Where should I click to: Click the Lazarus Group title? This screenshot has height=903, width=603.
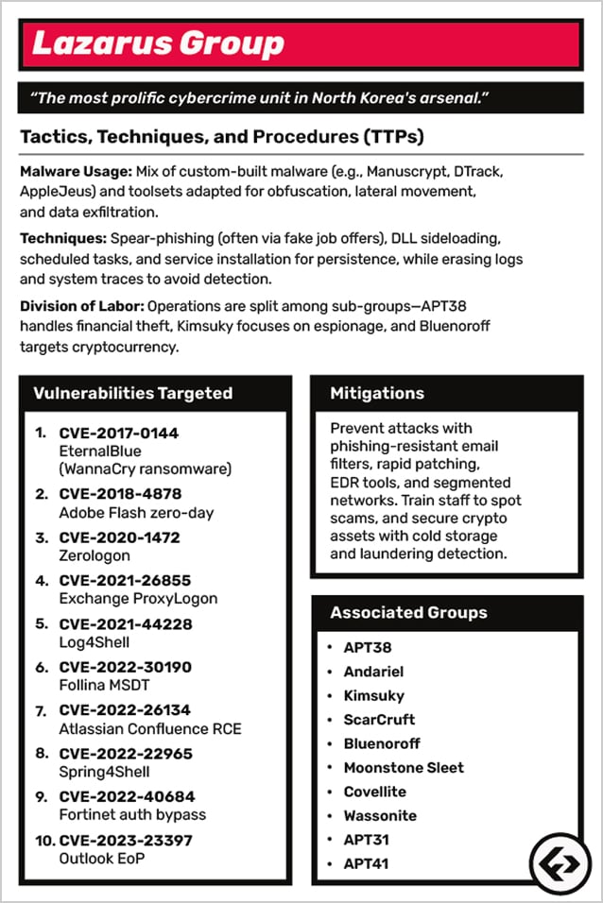[158, 43]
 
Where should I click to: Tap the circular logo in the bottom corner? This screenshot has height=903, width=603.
[557, 861]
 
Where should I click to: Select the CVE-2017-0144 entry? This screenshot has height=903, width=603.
[119, 434]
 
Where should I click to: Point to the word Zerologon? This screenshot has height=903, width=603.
[94, 555]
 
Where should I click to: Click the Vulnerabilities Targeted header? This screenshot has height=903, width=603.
[132, 393]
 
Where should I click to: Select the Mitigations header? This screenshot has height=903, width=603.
[377, 393]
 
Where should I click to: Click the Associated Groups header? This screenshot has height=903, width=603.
[408, 612]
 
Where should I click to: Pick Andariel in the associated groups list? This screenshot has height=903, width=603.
[373, 672]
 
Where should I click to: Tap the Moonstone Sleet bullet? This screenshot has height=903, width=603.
[404, 767]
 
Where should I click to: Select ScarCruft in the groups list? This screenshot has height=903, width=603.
[379, 720]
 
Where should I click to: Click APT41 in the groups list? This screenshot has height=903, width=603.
[367, 863]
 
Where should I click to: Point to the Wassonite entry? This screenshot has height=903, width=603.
[380, 815]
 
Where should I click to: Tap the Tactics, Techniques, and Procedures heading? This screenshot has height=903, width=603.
[222, 137]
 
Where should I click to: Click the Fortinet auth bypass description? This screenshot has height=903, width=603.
[132, 814]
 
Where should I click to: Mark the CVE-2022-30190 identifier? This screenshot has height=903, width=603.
[125, 667]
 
